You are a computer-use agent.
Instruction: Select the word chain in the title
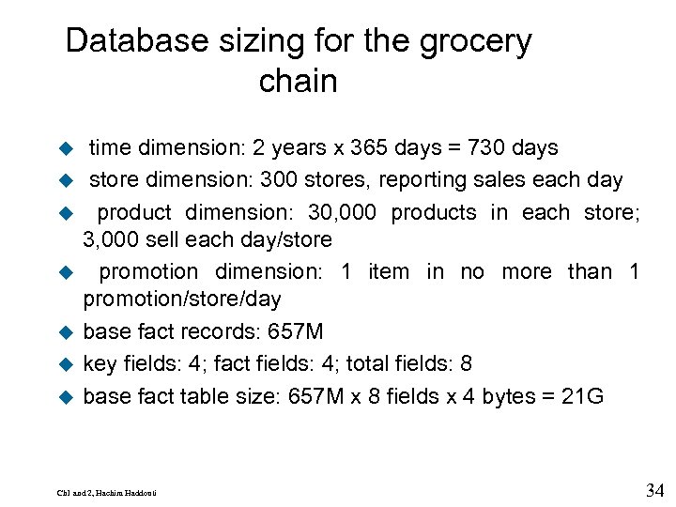(x=298, y=82)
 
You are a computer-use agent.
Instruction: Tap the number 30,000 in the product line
(x=344, y=212)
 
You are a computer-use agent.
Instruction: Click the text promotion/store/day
(x=182, y=300)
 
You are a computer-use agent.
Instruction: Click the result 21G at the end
(x=582, y=396)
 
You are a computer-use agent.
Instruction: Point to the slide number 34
(x=655, y=490)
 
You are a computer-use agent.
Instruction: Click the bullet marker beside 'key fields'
(x=67, y=364)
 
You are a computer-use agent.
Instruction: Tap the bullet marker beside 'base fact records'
(x=67, y=331)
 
